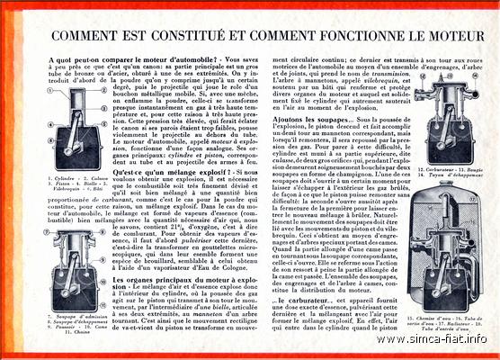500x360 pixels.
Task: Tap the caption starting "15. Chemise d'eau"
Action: coord(440,319)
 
